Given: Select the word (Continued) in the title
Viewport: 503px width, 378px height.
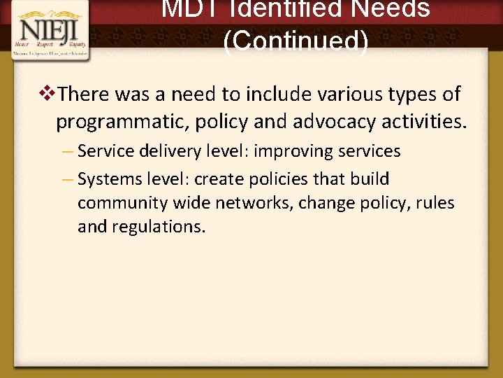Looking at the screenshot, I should pos(296,41).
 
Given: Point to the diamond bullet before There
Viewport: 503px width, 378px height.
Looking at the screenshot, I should pos(48,93).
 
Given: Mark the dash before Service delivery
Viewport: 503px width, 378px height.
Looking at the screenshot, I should pos(68,151).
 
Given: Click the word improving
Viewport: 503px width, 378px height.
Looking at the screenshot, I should pos(292,151).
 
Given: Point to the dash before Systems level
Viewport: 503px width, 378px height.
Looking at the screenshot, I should pos(68,179).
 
